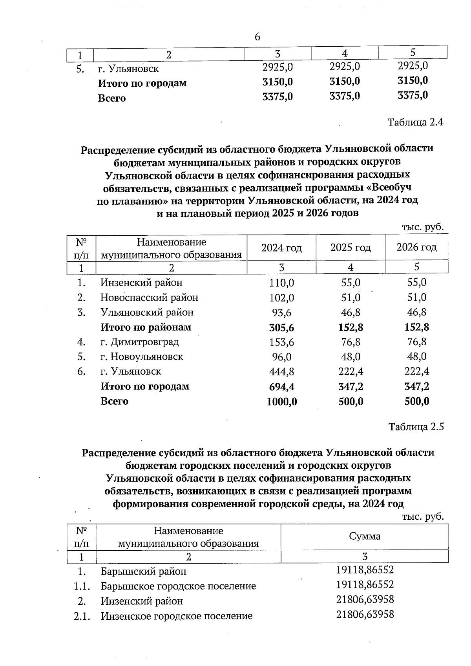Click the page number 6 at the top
tap(257, 37)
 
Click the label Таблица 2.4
tap(415, 122)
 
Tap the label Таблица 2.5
tap(416, 427)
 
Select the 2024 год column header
tap(281, 248)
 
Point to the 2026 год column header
tap(416, 247)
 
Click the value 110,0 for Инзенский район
tap(281, 283)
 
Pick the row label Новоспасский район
tap(149, 298)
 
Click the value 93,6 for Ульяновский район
tap(281, 313)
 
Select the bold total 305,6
tap(281, 328)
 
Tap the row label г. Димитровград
tap(139, 342)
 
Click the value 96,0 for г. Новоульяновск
tap(281, 357)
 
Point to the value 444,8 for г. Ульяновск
tap(281, 372)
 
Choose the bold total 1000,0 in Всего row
tap(281, 402)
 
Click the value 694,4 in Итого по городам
tap(281, 387)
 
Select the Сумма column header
tap(365, 537)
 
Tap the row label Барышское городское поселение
tap(178, 586)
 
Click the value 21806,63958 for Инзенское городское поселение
tap(365, 614)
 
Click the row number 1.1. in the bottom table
tap(82, 586)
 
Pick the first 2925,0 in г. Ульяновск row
tap(277, 67)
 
